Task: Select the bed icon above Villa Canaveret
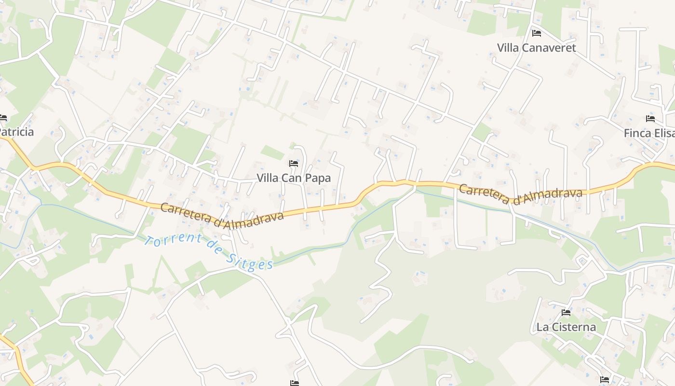point(536,33)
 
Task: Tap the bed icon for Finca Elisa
point(650,119)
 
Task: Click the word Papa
point(319,178)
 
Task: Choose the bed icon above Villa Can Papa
point(293,164)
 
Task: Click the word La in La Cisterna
point(543,327)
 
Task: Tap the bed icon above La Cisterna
point(566,313)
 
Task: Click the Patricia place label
point(16,132)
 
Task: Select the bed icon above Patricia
point(3,118)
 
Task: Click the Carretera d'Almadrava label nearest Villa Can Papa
point(222,215)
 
